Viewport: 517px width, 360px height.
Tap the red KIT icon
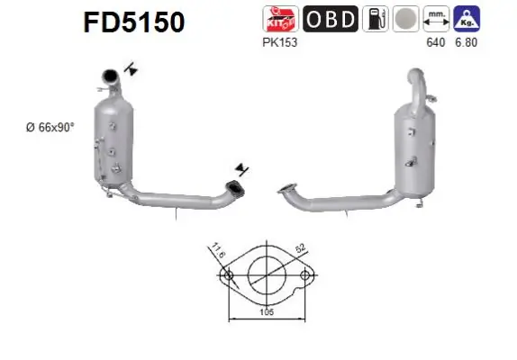coord(275,19)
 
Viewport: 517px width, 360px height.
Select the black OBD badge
coord(330,19)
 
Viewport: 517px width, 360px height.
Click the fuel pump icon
coord(376,19)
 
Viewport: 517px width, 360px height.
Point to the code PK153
coord(275,41)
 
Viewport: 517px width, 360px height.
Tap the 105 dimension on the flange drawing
coord(266,312)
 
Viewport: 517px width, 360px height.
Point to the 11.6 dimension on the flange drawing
coord(219,249)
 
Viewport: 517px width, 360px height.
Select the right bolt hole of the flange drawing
coord(305,275)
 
